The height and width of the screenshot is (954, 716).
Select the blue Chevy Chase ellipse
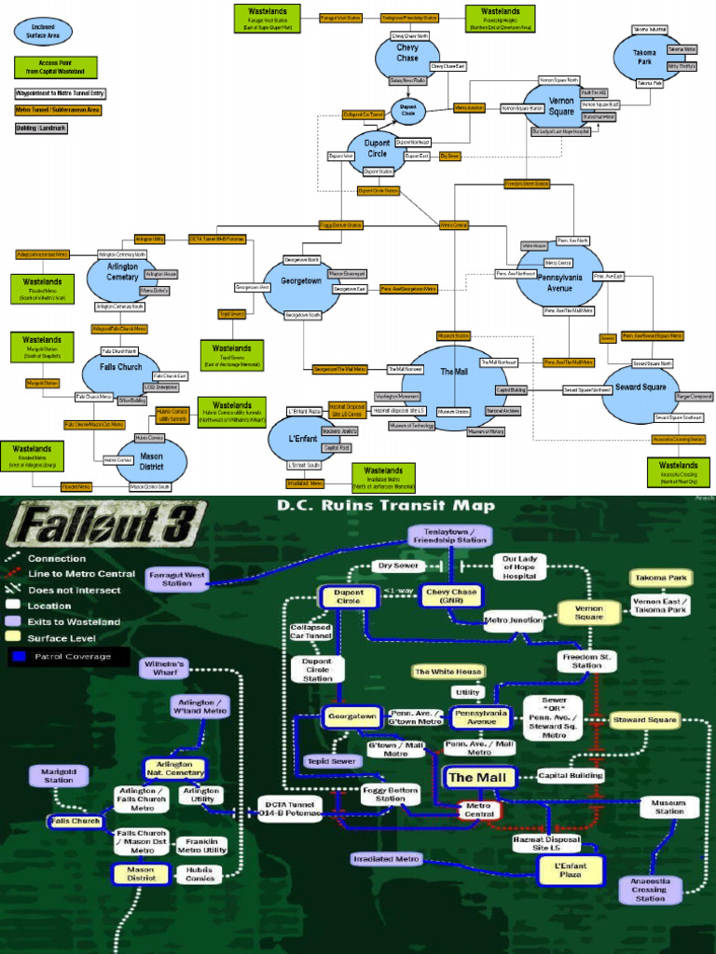coord(407,57)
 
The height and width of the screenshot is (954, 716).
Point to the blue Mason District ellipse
coord(150,459)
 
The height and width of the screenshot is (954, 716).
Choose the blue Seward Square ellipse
coord(640,393)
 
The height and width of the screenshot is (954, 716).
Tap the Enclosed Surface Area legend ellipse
coord(42,31)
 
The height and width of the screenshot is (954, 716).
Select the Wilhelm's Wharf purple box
coord(166,667)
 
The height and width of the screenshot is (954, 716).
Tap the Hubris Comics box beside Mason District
coord(200,872)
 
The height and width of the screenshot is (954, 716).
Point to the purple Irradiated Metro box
coord(387,859)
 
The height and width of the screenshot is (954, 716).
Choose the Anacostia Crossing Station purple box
coord(649,890)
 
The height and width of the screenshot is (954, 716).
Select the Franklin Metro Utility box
coord(201,845)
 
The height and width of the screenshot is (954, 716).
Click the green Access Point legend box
coord(43,67)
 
